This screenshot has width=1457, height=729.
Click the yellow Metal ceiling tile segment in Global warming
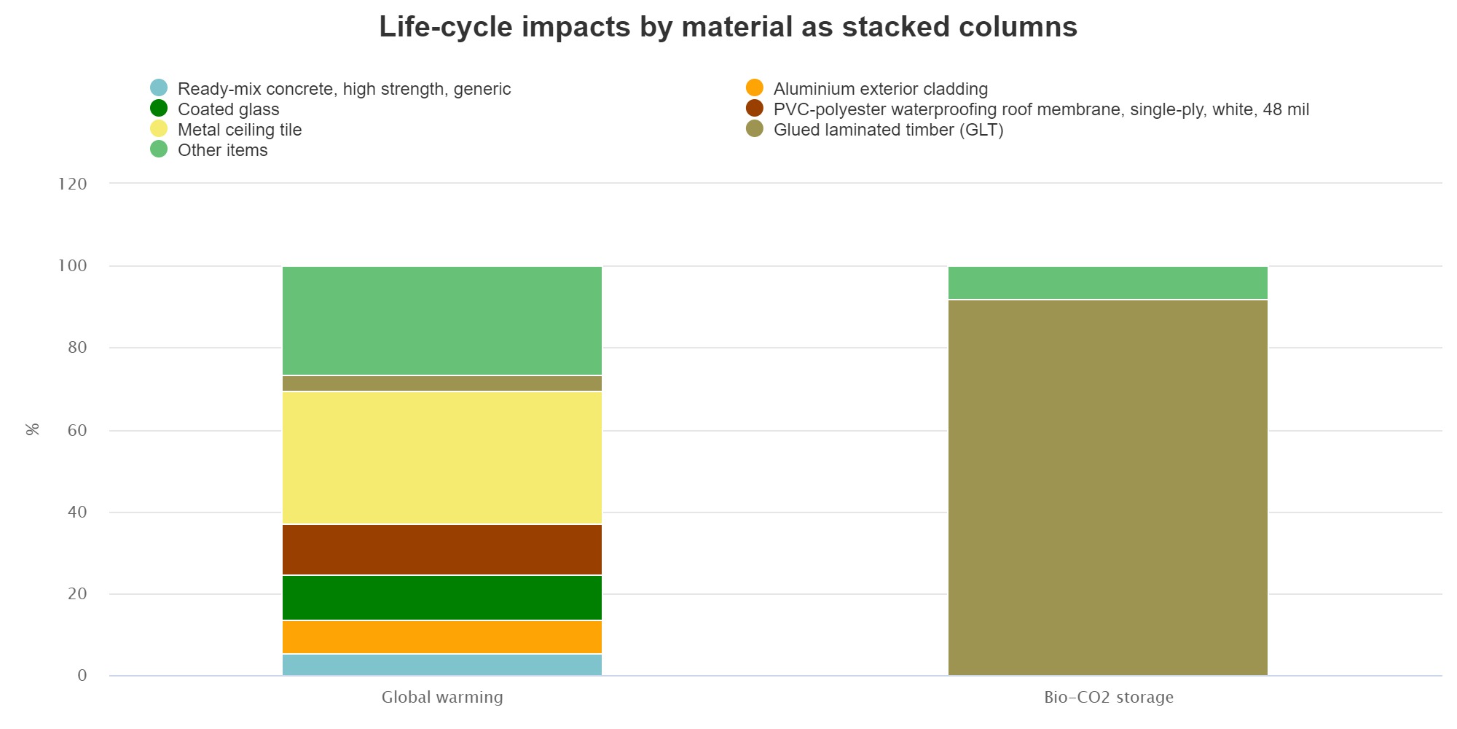(442, 458)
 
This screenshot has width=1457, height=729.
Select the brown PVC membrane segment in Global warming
(442, 550)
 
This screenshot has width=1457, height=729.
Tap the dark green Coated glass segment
(442, 598)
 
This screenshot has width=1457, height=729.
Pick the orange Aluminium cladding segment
(442, 637)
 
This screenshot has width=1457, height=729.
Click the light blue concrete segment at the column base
(442, 665)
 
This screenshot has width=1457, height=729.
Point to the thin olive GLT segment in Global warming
(442, 383)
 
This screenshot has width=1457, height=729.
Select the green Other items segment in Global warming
(442, 321)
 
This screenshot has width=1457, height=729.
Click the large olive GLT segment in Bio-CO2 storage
(1107, 487)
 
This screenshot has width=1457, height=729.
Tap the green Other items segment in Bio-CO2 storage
(1107, 283)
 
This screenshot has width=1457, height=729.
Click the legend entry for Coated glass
(228, 109)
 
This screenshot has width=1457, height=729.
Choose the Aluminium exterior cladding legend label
(880, 89)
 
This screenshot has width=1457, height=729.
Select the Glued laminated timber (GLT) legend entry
(888, 130)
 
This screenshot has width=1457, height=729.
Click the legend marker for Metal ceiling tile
(159, 129)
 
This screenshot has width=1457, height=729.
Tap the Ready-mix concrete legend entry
(344, 89)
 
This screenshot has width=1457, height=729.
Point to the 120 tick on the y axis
(72, 184)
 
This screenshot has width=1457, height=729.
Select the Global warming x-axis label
(442, 697)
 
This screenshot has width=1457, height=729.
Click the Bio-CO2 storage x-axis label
(1108, 697)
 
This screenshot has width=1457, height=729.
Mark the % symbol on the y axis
(32, 429)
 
